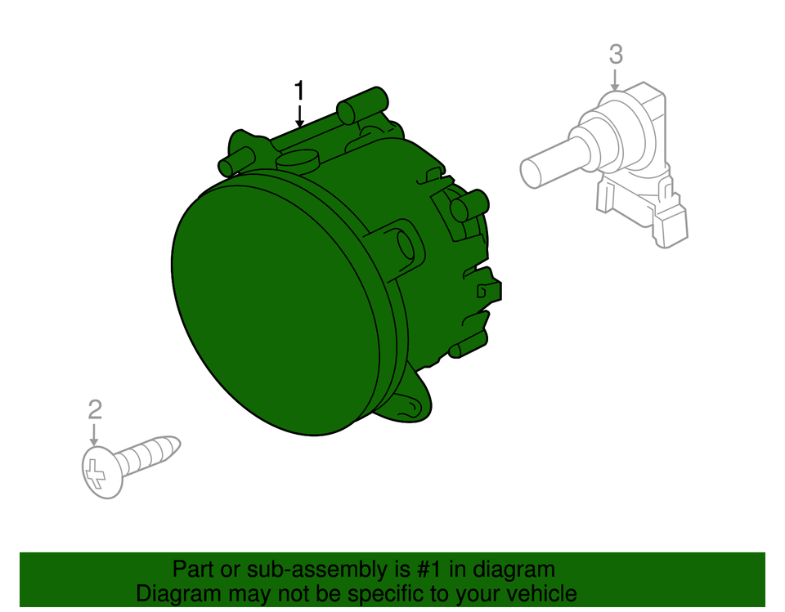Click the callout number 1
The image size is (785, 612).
pos(300,90)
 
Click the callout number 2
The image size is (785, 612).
pos(95,409)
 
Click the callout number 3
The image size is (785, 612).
pos(616,55)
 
